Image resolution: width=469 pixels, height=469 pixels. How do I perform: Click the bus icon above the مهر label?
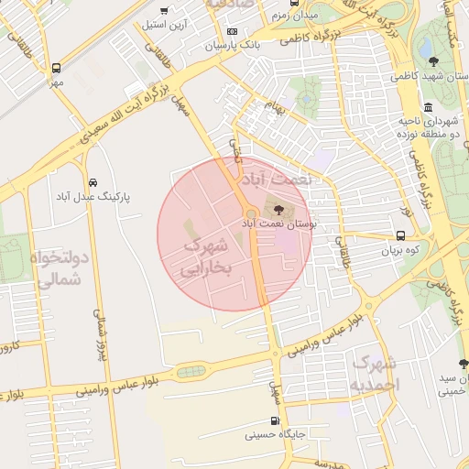point(57,69)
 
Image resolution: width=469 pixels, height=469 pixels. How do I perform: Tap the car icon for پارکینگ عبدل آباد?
point(93,182)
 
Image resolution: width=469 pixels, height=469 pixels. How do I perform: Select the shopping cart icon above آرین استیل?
point(164,11)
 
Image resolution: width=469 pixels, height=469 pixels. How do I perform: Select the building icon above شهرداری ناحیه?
point(429,108)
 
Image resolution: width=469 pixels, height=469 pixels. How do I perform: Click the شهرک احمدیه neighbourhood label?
point(375,374)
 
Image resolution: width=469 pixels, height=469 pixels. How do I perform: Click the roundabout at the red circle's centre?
point(251,214)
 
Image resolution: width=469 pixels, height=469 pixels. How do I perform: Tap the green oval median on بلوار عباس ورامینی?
point(191,371)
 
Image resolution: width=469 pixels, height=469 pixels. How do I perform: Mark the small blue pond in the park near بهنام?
point(307,93)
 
